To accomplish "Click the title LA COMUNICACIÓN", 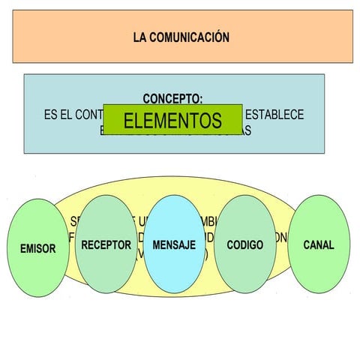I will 181,37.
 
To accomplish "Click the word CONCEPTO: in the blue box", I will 172,98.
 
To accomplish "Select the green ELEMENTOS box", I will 172,120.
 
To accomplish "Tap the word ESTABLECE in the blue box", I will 274,115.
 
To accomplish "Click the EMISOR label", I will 37,249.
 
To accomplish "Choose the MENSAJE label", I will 174,244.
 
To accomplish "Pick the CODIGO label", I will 244,244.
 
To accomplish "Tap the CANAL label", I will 319,244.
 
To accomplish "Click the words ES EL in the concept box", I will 60,115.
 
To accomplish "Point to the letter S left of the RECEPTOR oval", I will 73,221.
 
